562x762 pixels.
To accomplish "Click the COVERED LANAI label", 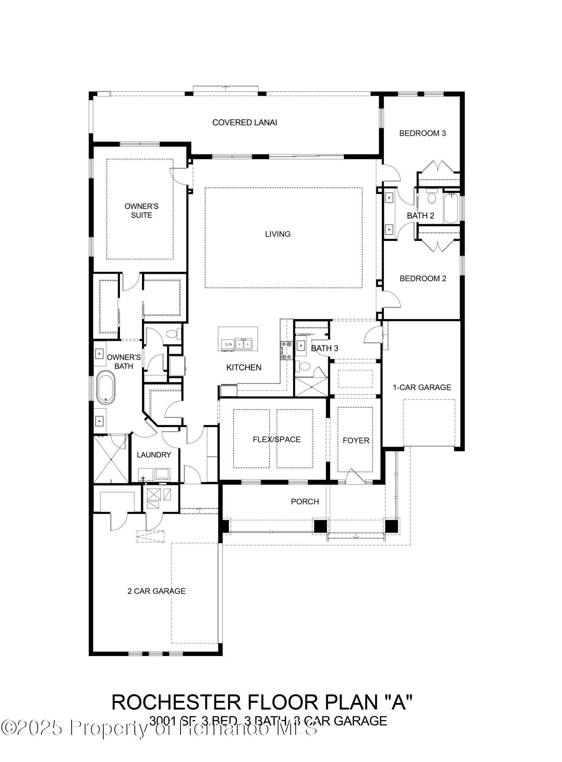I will [x=244, y=122].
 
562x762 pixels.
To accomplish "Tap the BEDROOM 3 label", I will [x=422, y=133].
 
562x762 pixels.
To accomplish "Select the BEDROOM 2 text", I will [x=423, y=278].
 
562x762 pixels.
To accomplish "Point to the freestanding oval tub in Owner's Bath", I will [x=105, y=388].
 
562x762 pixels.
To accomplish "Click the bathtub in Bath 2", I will [x=451, y=208].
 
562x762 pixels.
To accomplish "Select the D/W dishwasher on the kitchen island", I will [x=228, y=344].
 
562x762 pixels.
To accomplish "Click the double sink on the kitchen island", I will [x=243, y=344].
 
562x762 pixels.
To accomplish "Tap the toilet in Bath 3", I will [x=305, y=367].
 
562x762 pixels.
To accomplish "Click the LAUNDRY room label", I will [x=154, y=455].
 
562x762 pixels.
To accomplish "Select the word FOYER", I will [x=356, y=440].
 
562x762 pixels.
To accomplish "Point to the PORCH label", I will [x=305, y=502].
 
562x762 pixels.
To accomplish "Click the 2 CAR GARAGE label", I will [x=156, y=591].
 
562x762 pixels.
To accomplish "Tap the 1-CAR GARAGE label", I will [x=422, y=387].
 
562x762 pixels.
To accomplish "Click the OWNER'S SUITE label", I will [x=141, y=211].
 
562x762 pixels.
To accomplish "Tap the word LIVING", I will [x=278, y=234].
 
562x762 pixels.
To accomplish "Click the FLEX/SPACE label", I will [x=276, y=440].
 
